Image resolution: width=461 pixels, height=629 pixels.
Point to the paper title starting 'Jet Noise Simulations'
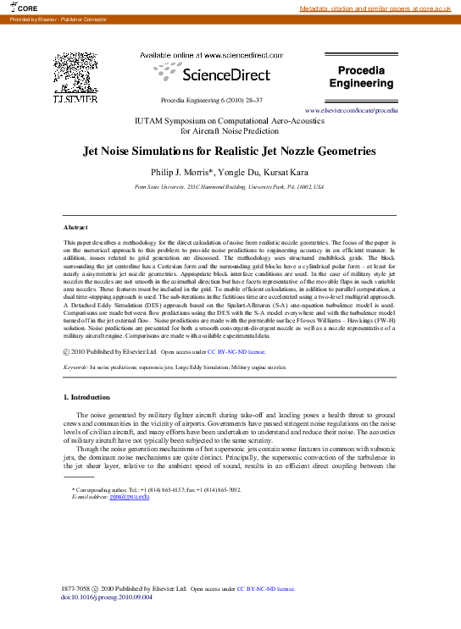(229, 152)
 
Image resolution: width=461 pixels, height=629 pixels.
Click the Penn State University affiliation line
(229, 186)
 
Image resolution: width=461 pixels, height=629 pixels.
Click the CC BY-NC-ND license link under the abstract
(236, 350)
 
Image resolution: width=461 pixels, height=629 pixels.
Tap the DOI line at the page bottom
(107, 596)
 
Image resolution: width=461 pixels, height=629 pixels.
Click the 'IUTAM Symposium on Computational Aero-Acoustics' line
(229, 121)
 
